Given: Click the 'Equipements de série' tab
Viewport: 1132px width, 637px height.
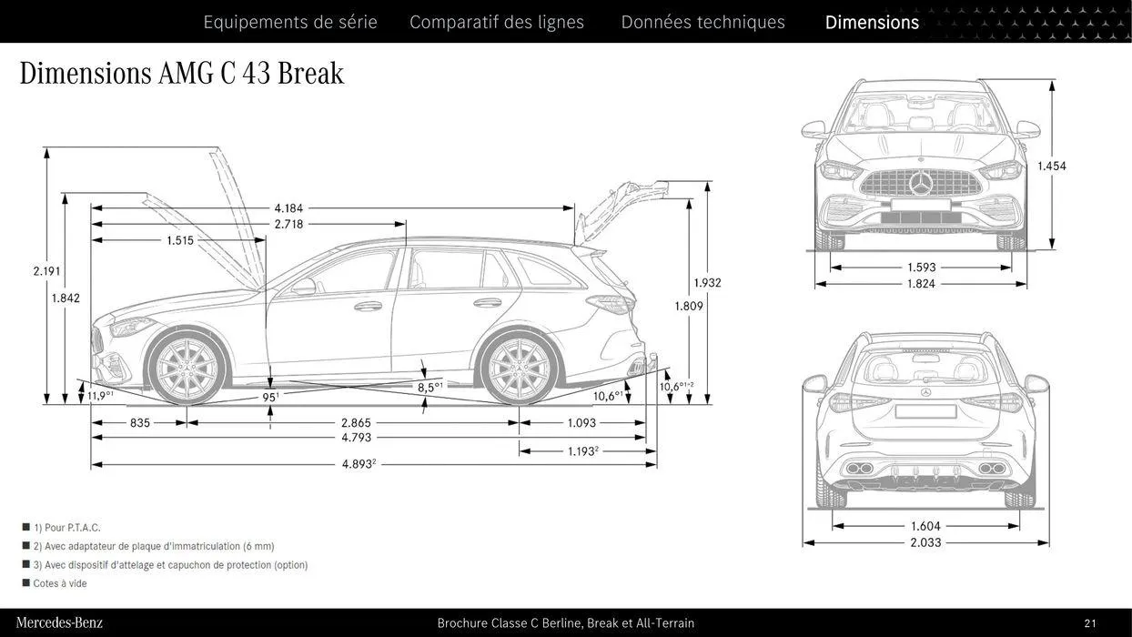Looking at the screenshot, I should pos(289,22).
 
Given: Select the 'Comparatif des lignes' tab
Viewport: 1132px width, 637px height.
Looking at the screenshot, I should pos(497,22).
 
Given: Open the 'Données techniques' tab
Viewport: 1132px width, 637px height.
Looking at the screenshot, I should pos(702,22).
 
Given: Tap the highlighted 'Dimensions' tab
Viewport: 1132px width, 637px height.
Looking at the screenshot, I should pos(872,22).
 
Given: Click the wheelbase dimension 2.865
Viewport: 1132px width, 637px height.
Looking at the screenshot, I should pos(356,423).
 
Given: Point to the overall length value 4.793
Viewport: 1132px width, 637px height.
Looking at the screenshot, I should pos(356,438).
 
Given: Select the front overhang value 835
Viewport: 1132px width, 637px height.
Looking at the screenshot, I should pos(140,423).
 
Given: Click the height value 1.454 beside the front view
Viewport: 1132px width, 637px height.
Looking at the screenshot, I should pos(1052,167).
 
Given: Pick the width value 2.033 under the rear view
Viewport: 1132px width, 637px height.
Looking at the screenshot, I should pos(925,542).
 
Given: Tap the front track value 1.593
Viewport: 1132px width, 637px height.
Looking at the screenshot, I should pos(921,268).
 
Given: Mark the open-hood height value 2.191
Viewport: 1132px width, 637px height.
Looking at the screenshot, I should pos(46,271).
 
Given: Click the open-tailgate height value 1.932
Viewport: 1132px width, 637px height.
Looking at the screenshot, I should pos(707,283).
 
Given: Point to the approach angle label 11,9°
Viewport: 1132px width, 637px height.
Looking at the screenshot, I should pos(100,396).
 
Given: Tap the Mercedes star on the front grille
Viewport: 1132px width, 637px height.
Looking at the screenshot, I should pos(921,184).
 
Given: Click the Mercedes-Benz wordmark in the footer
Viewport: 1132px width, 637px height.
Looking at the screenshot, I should pos(59,623).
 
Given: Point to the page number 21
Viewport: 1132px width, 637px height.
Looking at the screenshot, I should pos(1090,623).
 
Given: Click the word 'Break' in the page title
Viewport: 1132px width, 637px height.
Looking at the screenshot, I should pos(310,73).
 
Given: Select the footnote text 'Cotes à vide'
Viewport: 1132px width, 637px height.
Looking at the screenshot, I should pos(60,583).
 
